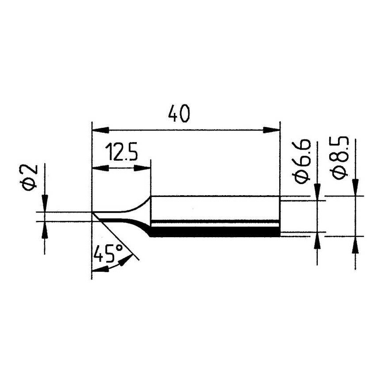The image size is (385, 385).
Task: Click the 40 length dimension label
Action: click(179, 114)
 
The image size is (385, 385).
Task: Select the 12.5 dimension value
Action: click(121, 152)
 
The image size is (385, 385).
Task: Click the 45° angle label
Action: click(108, 253)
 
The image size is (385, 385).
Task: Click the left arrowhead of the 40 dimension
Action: click(100, 130)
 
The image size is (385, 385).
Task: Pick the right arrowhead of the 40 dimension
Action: click(271, 130)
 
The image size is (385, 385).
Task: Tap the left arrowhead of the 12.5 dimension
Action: click(100, 169)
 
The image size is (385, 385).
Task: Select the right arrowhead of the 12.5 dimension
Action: click(142, 169)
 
